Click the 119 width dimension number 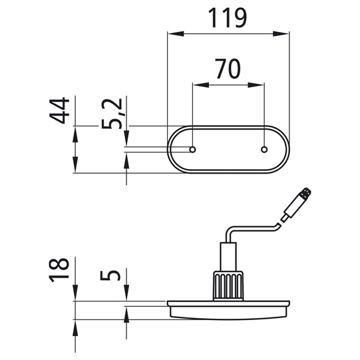(228, 18)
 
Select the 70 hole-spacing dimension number (228, 69)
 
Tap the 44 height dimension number (59, 110)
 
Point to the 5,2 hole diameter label (112, 114)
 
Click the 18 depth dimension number (59, 270)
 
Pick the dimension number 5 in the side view (110, 275)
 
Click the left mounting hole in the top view (192, 150)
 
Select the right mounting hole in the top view (264, 150)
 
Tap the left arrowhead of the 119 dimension (176, 34)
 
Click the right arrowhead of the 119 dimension (281, 34)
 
